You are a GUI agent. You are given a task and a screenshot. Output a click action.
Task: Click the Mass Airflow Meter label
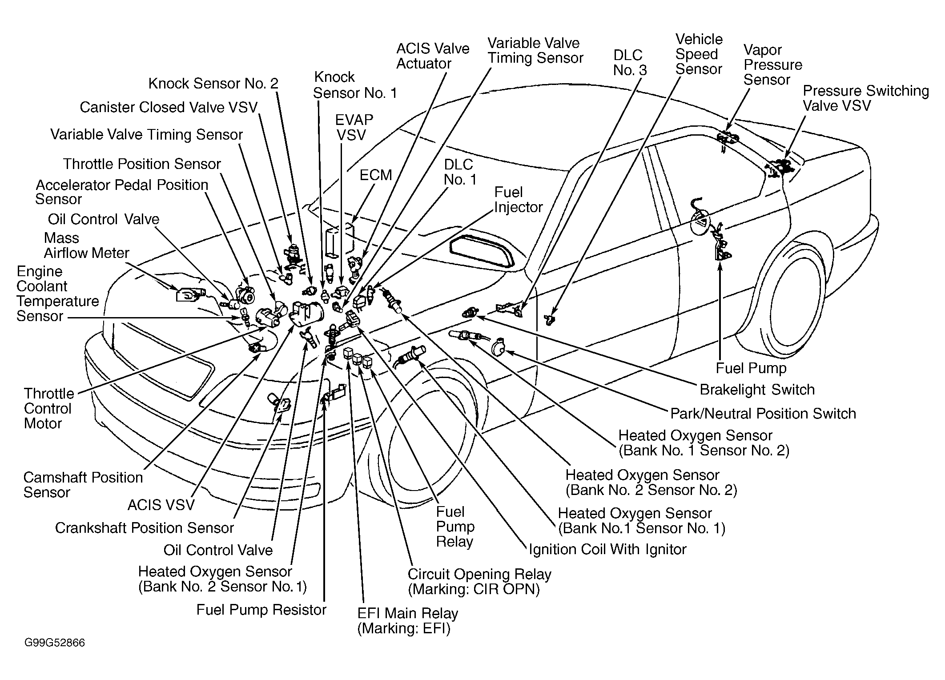pyautogui.click(x=86, y=245)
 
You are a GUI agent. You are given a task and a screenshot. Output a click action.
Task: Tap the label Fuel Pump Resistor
pyautogui.click(x=261, y=610)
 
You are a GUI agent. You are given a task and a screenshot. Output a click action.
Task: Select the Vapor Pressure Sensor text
pyautogui.click(x=773, y=65)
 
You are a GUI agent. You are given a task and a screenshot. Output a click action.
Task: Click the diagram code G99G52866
pyautogui.click(x=55, y=643)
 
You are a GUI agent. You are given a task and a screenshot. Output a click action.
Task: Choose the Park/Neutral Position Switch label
pyautogui.click(x=763, y=414)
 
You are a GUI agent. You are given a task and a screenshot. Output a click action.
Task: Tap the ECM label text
pyautogui.click(x=376, y=175)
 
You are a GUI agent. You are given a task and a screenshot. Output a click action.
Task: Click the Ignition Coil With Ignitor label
pyautogui.click(x=607, y=549)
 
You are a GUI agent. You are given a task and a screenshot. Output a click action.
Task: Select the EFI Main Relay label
pyautogui.click(x=408, y=621)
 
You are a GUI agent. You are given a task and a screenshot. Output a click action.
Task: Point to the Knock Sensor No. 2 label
pyautogui.click(x=213, y=83)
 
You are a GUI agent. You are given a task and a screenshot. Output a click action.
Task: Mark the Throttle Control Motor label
pyautogui.click(x=49, y=408)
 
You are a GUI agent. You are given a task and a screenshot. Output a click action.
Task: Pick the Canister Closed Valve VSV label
pyautogui.click(x=169, y=107)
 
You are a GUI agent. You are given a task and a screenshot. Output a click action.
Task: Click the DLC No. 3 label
pyautogui.click(x=630, y=62)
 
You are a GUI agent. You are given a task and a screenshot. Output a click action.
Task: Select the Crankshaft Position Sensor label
pyautogui.click(x=145, y=528)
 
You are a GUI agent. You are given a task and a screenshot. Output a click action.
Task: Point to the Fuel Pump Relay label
pyautogui.click(x=455, y=527)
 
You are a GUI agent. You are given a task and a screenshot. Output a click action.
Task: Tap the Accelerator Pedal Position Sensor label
pyautogui.click(x=122, y=192)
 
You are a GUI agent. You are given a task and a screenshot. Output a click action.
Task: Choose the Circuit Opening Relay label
pyautogui.click(x=479, y=582)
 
